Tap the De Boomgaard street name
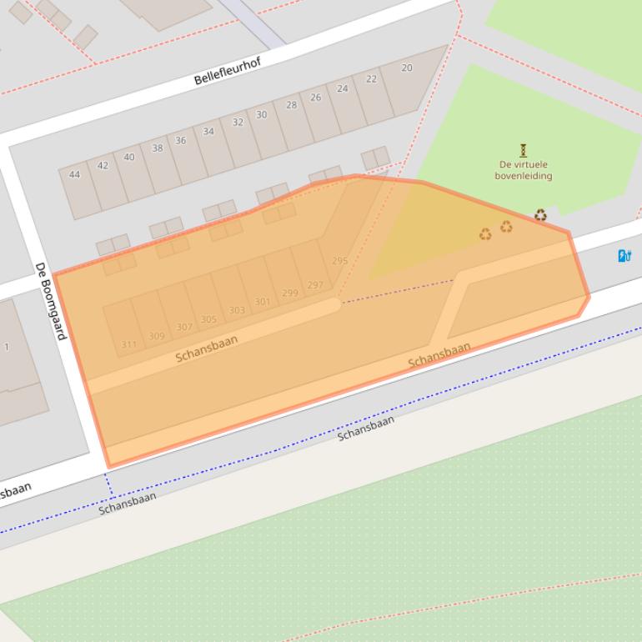50,301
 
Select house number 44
74,174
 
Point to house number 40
129,157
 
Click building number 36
180,140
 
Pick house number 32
238,123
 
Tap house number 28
291,105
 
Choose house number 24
343,88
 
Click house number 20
407,68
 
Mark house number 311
128,344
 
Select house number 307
184,327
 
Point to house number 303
237,310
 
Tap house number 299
290,293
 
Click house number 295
339,261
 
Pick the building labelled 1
7,347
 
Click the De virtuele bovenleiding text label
523,170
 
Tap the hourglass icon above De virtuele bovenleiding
524,151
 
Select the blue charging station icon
624,256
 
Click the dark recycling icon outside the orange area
540,215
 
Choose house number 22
371,79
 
